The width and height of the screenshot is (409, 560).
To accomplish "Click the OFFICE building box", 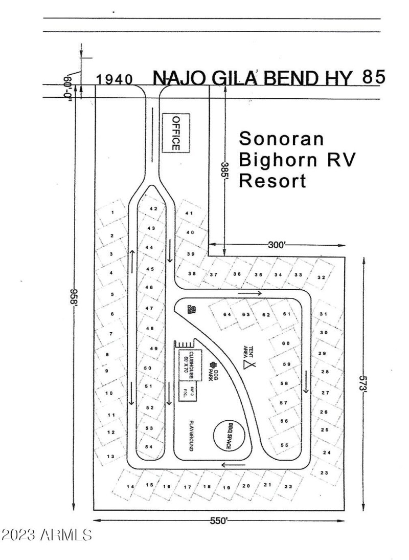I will click(x=175, y=132).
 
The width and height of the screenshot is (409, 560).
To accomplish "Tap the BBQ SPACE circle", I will click(x=229, y=436).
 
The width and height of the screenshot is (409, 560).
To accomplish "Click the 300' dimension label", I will click(x=276, y=245).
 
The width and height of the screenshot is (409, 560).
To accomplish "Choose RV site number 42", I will click(x=153, y=208).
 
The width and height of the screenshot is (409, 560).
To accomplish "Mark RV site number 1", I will click(x=112, y=211).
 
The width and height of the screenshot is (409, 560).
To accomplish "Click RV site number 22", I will click(x=288, y=486).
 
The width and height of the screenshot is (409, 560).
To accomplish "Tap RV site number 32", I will click(x=321, y=277).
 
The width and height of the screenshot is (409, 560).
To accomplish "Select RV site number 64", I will click(x=227, y=314).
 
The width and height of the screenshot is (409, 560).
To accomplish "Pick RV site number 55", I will click(x=284, y=445).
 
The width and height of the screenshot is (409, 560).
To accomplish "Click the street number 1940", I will click(x=115, y=79).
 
